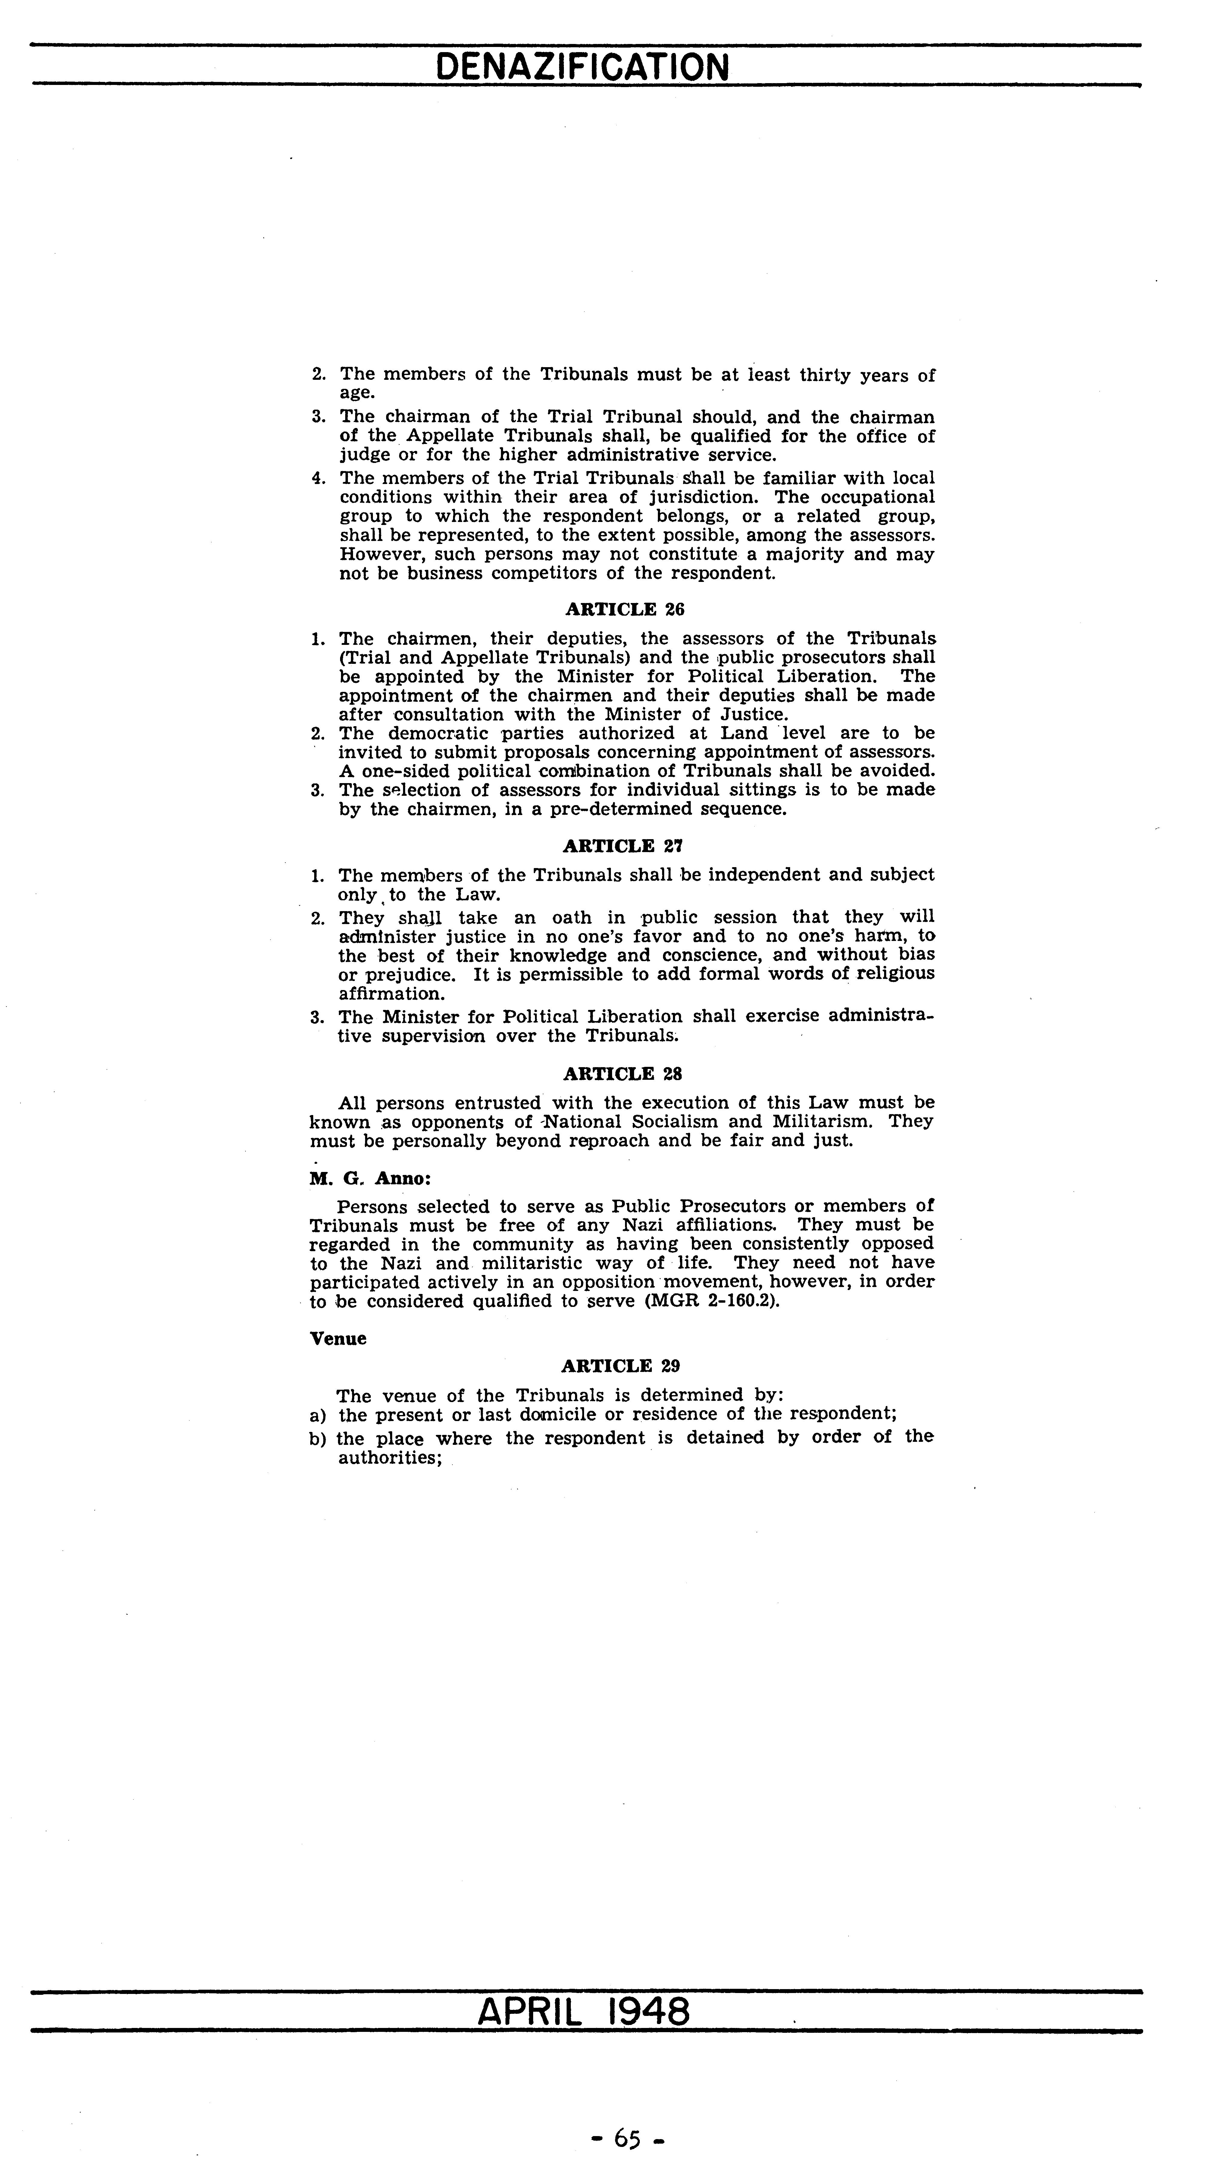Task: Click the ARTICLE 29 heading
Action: click(620, 1366)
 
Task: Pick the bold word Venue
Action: click(338, 1339)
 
